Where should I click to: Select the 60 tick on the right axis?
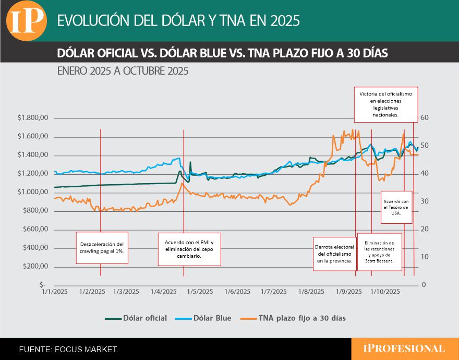pos(425,118)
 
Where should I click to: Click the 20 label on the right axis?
pos(425,229)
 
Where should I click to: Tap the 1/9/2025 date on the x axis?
pos(348,291)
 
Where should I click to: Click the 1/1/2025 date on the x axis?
pos(54,291)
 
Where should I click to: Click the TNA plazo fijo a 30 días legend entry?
pos(295,318)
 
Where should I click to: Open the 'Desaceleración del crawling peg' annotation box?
pos(102,247)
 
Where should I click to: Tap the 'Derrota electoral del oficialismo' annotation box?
pos(334,254)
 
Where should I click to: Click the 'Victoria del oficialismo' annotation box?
pos(385,103)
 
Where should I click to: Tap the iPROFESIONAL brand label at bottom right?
pos(405,349)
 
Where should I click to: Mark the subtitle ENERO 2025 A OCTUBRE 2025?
pos(123,70)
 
